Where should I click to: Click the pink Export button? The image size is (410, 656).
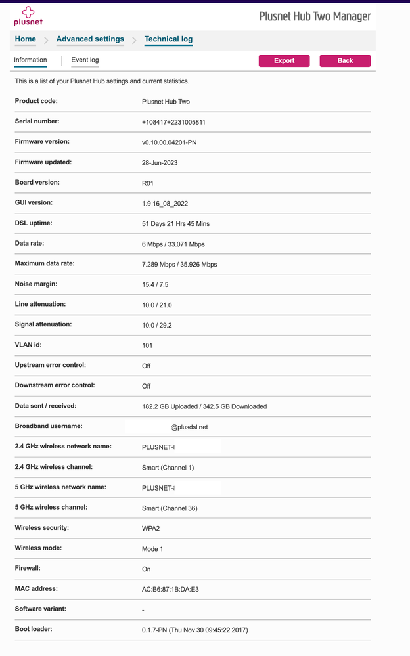pos(284,60)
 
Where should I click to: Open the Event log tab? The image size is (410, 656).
pos(85,60)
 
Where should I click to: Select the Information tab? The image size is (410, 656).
pos(30,60)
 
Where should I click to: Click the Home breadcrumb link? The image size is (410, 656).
pos(26,39)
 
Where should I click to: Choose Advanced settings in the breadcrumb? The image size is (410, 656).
pos(90,39)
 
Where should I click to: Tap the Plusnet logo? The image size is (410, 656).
pos(27,16)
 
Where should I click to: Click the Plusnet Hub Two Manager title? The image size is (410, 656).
pos(315,16)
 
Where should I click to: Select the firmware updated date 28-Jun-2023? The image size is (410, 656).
pos(160,163)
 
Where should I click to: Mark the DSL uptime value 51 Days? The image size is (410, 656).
pos(175,224)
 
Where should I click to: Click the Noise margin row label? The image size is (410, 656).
pos(36,284)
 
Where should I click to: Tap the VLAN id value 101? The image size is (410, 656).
pos(147,345)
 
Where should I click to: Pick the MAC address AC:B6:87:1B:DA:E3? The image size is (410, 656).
pos(170,590)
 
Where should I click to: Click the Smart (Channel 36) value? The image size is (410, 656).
pos(170,508)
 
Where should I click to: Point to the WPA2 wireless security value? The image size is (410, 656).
pos(151,529)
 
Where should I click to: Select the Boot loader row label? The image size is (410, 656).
pos(34,629)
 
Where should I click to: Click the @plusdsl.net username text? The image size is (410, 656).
pos(190,427)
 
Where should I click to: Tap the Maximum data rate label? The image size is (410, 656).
pos(44,263)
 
